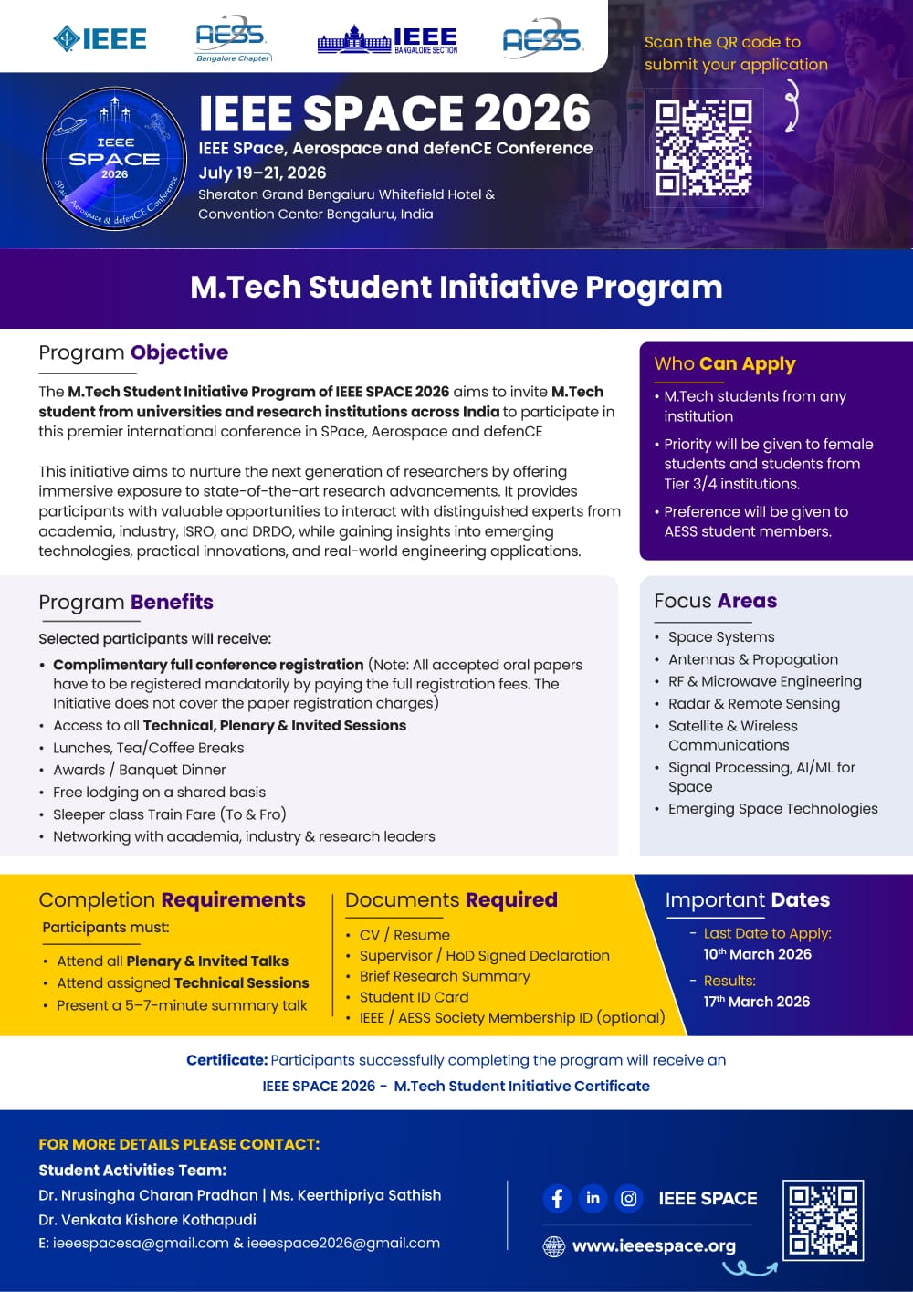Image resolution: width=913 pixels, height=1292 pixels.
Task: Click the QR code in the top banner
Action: coord(703,147)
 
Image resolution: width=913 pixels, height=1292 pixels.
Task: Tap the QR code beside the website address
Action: coord(823,1220)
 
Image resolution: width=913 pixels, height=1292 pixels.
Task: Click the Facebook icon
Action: coord(557,1198)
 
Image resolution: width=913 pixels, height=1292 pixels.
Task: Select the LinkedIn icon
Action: coord(593,1198)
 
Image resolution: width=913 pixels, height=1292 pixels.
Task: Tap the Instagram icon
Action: coord(628,1198)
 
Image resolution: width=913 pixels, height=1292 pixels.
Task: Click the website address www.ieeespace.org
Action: coord(654,1246)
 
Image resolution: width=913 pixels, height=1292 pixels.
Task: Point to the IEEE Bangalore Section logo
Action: coord(388,40)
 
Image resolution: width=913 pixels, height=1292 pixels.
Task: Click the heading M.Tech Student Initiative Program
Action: coord(456,288)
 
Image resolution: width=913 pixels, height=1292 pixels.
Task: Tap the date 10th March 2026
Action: coord(757,954)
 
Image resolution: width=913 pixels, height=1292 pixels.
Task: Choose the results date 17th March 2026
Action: coord(756,1002)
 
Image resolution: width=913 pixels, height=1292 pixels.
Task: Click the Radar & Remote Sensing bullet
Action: coord(753,704)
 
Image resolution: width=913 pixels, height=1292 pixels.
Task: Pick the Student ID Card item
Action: coord(414,997)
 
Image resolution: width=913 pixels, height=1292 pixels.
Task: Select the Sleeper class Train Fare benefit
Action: coord(169,814)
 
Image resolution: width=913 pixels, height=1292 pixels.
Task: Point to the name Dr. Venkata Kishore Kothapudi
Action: coord(147,1220)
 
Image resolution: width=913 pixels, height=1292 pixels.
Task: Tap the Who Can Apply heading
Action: coord(725,363)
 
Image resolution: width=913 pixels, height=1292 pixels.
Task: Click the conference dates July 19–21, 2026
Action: coord(262,173)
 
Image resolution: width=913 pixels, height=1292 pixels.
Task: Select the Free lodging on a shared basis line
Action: coord(159,793)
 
